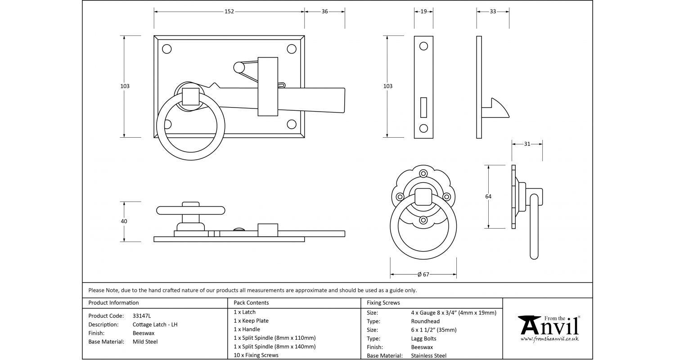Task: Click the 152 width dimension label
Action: (229, 12)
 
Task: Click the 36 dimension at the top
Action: (324, 12)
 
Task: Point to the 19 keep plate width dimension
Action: (423, 12)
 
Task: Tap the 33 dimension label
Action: (493, 12)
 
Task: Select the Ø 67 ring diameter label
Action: (423, 274)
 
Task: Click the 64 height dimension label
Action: (488, 197)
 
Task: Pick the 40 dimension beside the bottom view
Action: (124, 221)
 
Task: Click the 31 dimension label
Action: (527, 144)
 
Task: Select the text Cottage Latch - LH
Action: (155, 324)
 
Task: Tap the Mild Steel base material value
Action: (145, 342)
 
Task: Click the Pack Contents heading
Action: (251, 303)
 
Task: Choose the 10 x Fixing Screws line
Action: (256, 355)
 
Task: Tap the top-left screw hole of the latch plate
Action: (166, 49)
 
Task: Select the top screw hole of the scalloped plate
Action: (423, 173)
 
